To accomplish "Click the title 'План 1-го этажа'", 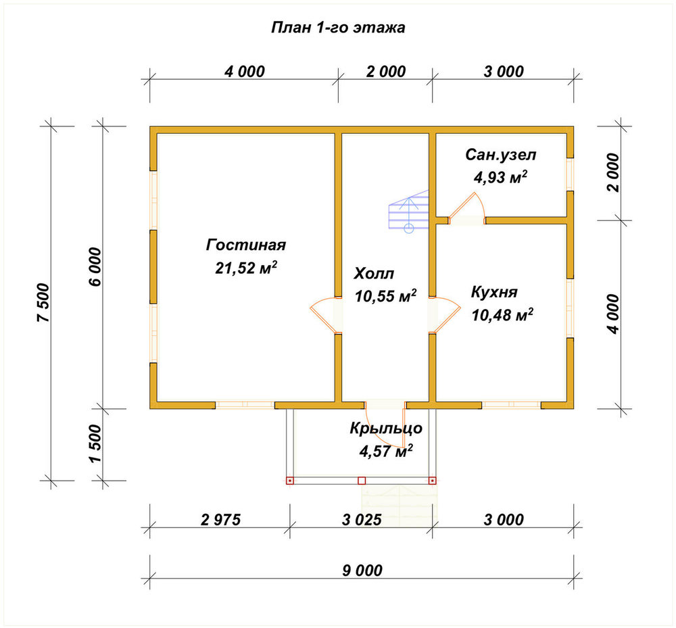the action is click(x=338, y=28).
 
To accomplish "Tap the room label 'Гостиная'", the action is click(x=246, y=245).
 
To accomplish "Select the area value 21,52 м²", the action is click(x=246, y=268).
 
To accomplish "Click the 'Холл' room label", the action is click(x=374, y=273).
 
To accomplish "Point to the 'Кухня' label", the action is click(x=494, y=292).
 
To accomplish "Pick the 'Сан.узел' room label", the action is click(x=500, y=155).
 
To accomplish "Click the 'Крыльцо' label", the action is click(x=386, y=429).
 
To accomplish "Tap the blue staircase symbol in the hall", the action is click(x=409, y=212).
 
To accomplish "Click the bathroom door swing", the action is click(x=467, y=208).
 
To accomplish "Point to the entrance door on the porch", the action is click(x=385, y=427).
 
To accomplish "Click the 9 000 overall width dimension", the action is click(x=362, y=571).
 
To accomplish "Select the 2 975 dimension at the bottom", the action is click(x=221, y=519).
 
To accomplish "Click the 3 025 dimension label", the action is click(x=362, y=519).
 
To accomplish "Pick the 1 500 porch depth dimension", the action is click(x=95, y=444).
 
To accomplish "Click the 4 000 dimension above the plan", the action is click(x=245, y=71).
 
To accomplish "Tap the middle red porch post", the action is click(x=362, y=481).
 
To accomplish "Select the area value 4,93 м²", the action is click(x=500, y=177).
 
